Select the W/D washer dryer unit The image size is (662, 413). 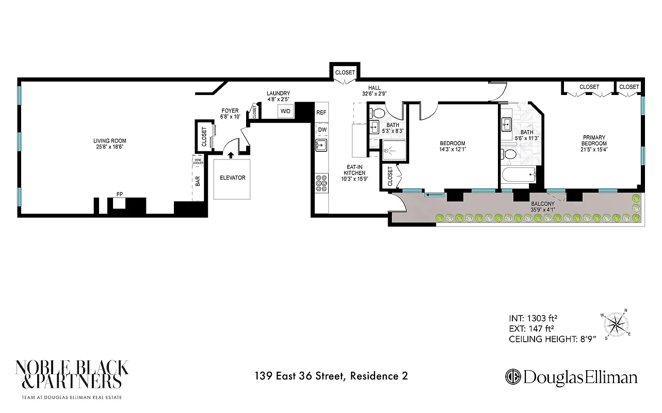(285, 111)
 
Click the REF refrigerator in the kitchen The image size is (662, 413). (321, 113)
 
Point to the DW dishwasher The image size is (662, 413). (321, 130)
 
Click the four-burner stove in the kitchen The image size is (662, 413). (321, 183)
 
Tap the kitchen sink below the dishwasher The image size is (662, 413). (321, 146)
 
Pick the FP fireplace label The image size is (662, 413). (119, 194)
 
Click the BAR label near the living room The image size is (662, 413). (198, 181)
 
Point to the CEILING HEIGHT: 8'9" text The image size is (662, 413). (552, 339)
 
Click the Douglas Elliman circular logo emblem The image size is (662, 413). (513, 376)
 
